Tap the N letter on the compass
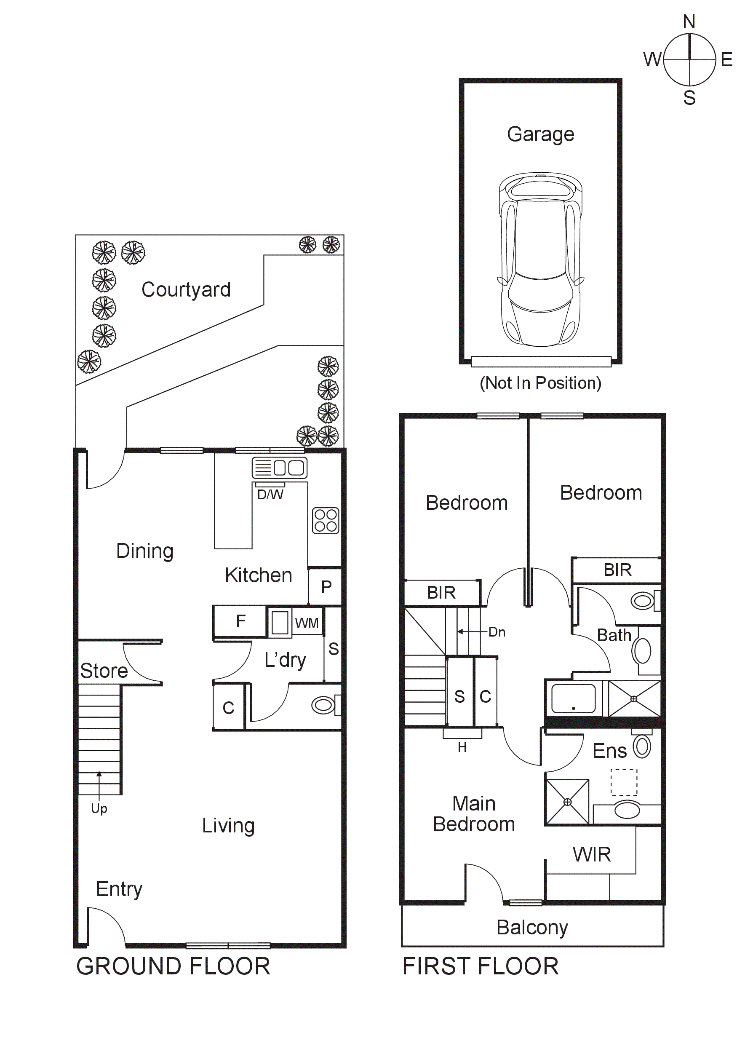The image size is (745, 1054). pyautogui.click(x=689, y=21)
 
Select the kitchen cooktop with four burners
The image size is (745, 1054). pyautogui.click(x=326, y=521)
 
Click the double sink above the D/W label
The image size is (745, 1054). pyautogui.click(x=280, y=468)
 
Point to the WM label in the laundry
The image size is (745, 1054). pyautogui.click(x=307, y=623)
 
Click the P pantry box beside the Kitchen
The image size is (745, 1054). pyautogui.click(x=326, y=587)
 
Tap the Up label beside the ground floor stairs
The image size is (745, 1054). pyautogui.click(x=99, y=808)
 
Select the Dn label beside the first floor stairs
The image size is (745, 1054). pyautogui.click(x=497, y=632)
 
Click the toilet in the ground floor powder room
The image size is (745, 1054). pyautogui.click(x=324, y=705)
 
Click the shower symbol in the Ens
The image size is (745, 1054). pyautogui.click(x=567, y=802)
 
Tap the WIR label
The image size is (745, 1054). pyautogui.click(x=592, y=855)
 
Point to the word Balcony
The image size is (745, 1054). pyautogui.click(x=532, y=927)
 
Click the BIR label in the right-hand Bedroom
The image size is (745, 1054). pyautogui.click(x=617, y=570)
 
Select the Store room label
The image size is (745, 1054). pyautogui.click(x=104, y=671)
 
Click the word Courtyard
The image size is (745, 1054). pyautogui.click(x=186, y=290)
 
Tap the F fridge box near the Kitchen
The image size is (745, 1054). pyautogui.click(x=240, y=621)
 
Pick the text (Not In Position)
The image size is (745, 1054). pyautogui.click(x=540, y=383)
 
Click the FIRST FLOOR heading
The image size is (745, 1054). pyautogui.click(x=480, y=966)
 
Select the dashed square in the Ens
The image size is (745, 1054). pyautogui.click(x=624, y=782)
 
